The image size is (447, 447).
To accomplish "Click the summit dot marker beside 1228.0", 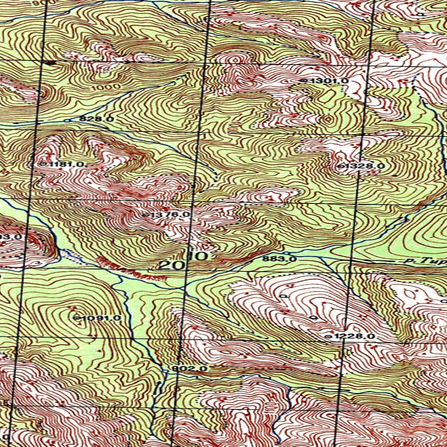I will [x=329, y=337].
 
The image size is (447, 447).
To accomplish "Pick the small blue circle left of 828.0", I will [x=66, y=120].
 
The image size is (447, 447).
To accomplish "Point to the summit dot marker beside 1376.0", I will [x=145, y=215].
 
